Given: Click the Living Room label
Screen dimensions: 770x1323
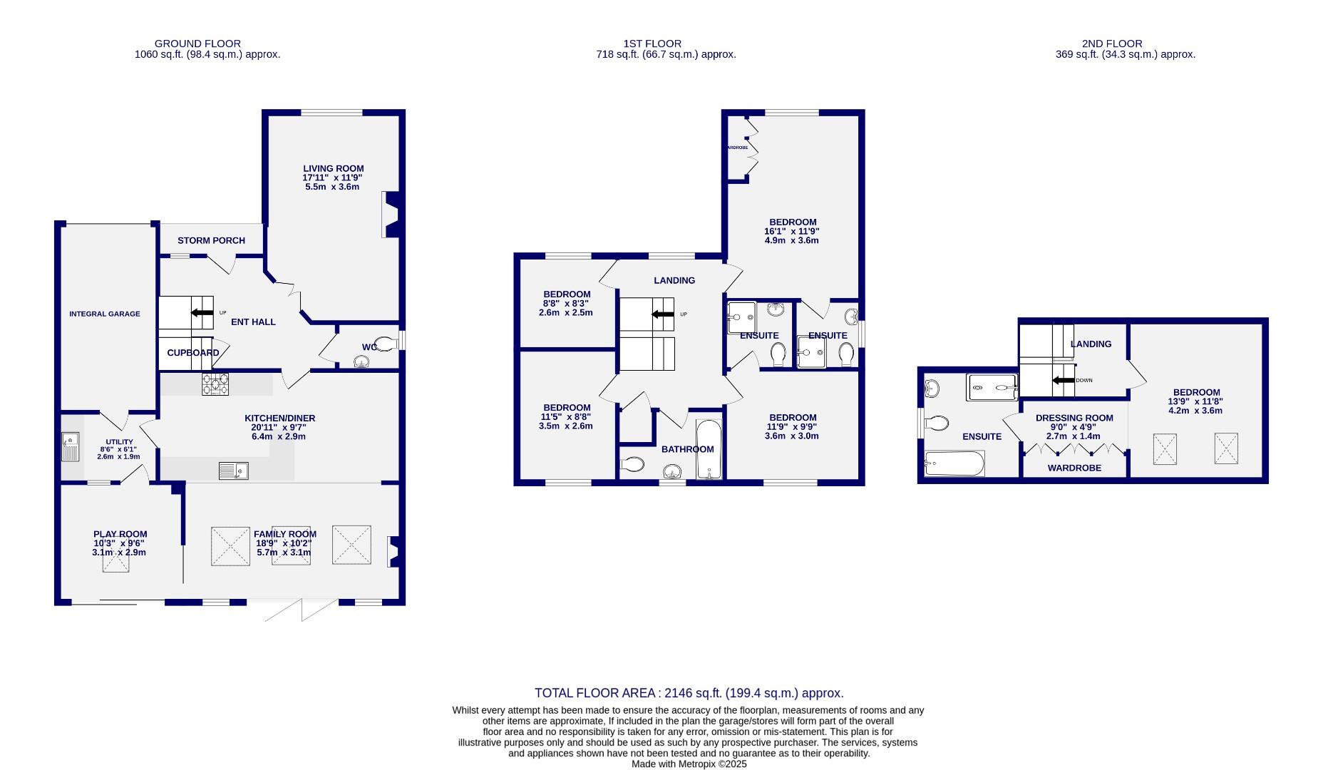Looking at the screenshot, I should tap(333, 169).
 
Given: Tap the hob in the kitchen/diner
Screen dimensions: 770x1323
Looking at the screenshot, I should tap(215, 385).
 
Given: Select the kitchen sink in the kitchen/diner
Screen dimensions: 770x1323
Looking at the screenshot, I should tap(233, 471).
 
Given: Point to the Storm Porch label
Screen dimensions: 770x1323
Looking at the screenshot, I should tap(211, 241).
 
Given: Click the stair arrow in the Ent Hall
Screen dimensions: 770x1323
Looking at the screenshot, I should tap(202, 312).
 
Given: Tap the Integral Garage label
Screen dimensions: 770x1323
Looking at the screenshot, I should tap(105, 314).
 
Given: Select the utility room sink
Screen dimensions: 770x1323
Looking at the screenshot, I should tap(71, 447).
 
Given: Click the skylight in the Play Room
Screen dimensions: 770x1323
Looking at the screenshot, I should tap(115, 558).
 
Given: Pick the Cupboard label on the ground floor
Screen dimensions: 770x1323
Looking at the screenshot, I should tap(192, 353).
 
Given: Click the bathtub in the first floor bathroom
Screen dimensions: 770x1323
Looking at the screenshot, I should tap(708, 449).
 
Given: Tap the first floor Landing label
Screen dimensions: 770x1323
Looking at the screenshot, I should tap(674, 280).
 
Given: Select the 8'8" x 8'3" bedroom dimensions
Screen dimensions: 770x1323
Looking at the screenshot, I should tap(567, 303).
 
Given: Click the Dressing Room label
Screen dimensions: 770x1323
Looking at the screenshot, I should tap(1074, 419).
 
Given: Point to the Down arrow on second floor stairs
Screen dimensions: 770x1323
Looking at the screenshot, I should tap(1064, 381).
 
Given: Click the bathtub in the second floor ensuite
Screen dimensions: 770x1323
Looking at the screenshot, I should tap(954, 464).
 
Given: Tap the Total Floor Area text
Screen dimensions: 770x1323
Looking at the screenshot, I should tap(689, 693).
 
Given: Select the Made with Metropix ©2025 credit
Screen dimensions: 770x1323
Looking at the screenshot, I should tap(689, 764).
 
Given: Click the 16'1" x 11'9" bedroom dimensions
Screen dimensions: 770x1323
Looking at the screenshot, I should tap(791, 231).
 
